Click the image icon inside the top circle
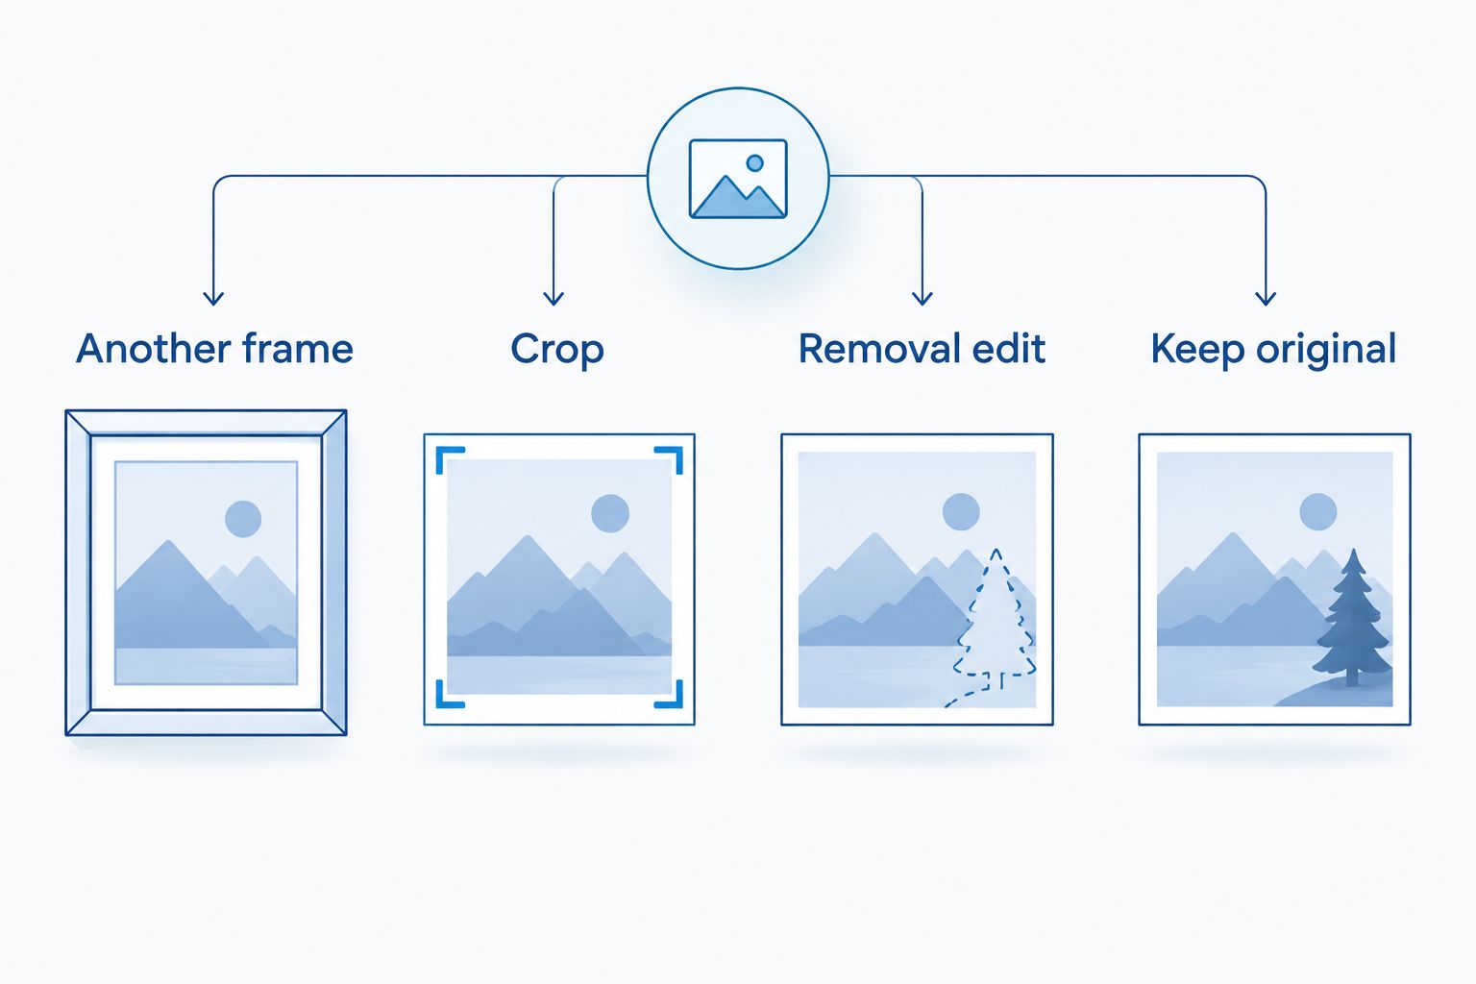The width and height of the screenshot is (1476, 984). tap(738, 179)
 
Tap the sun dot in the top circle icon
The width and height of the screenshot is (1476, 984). tap(755, 162)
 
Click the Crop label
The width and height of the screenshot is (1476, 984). tap(557, 350)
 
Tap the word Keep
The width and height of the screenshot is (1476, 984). tap(1197, 350)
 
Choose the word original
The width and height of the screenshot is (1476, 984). tap(1326, 350)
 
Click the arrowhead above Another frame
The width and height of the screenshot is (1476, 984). tap(212, 298)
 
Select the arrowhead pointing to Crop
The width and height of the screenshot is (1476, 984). tap(553, 298)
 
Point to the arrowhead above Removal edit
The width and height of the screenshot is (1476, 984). tap(922, 298)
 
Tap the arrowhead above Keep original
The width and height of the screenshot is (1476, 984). tap(1266, 298)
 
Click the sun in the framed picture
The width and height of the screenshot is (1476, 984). tap(243, 519)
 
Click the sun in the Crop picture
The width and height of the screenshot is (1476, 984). tap(610, 513)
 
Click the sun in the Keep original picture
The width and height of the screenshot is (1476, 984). tap(1317, 512)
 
